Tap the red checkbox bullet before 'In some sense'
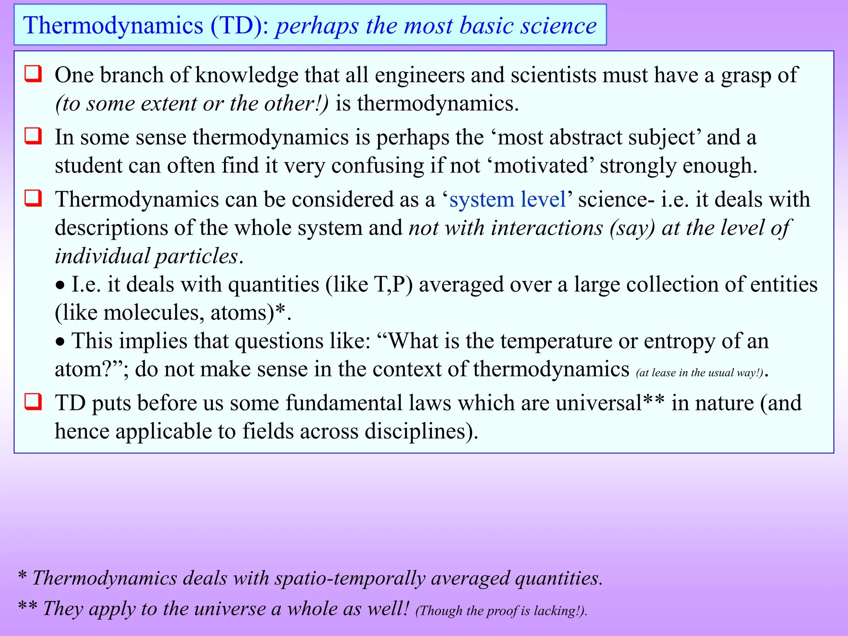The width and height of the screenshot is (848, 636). tap(33, 136)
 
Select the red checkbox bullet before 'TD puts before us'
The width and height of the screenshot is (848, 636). tap(33, 402)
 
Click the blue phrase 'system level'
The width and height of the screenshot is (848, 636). tap(508, 200)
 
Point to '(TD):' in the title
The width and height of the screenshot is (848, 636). tap(240, 26)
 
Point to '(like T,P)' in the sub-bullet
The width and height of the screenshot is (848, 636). tap(369, 285)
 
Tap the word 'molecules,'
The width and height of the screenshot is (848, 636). tap(153, 313)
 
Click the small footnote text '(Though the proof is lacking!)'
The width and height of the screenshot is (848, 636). tap(501, 611)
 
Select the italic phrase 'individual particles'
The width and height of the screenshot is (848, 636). tap(147, 256)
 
